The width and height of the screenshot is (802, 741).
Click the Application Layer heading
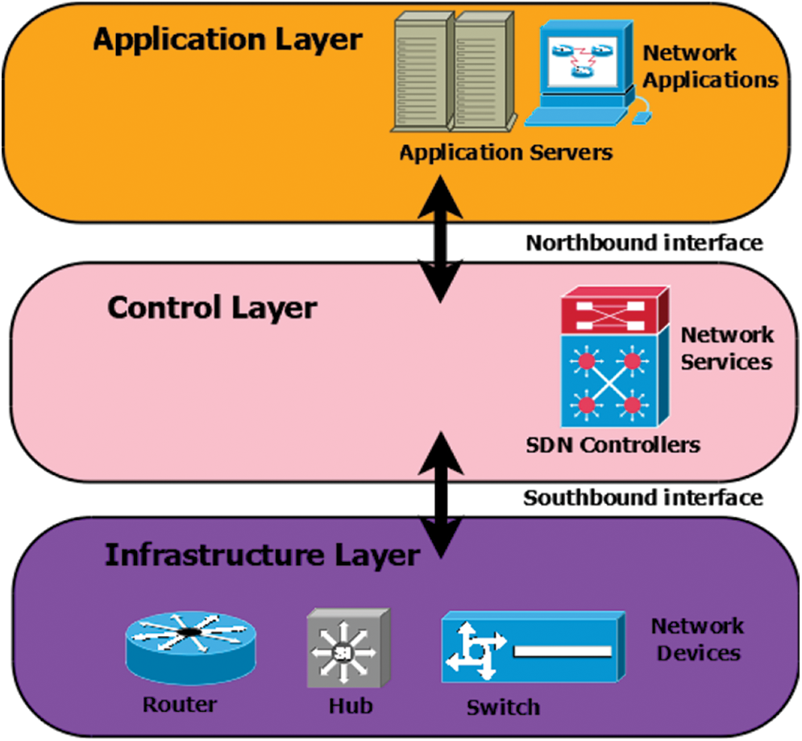[228, 40]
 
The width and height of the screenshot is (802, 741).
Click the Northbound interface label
[643, 243]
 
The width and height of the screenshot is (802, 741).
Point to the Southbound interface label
[643, 497]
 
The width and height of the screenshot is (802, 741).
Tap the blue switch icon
[532, 647]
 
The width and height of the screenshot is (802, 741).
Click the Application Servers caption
[506, 152]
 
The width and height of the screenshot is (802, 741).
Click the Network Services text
[726, 348]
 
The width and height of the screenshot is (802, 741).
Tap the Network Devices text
[698, 639]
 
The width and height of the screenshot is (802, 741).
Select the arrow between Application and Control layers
[440, 242]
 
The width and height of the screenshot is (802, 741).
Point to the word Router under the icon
[180, 704]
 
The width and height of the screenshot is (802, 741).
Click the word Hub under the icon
[351, 706]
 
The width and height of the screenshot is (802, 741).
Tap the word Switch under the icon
[503, 707]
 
